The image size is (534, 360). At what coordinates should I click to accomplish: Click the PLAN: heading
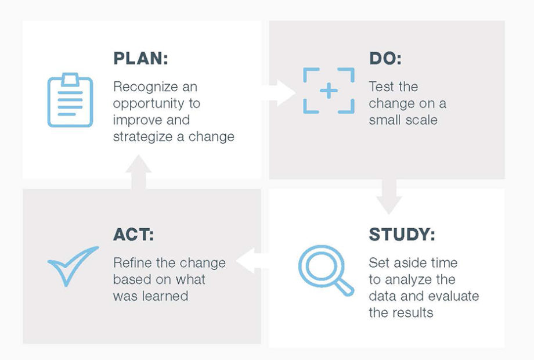click(140, 58)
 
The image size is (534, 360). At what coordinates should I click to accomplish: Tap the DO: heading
click(385, 58)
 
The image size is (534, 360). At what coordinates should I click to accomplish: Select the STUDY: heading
click(402, 235)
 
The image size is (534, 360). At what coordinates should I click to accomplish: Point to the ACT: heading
click(133, 235)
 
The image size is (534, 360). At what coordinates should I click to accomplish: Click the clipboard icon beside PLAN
click(70, 100)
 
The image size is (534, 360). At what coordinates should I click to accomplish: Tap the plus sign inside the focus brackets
click(329, 91)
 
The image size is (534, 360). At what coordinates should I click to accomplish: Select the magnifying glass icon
click(326, 270)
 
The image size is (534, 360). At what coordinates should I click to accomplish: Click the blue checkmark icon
click(73, 266)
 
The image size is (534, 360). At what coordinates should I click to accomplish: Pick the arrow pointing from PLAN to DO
click(279, 93)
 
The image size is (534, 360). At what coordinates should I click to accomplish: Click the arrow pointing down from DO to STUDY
click(389, 196)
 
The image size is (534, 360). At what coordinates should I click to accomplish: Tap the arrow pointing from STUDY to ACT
click(252, 261)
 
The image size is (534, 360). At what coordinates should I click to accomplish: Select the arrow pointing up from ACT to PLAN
click(139, 172)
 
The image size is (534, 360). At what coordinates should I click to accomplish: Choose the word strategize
click(143, 137)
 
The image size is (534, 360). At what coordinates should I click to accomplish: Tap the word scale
click(421, 120)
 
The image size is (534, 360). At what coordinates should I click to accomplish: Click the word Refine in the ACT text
click(132, 263)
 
